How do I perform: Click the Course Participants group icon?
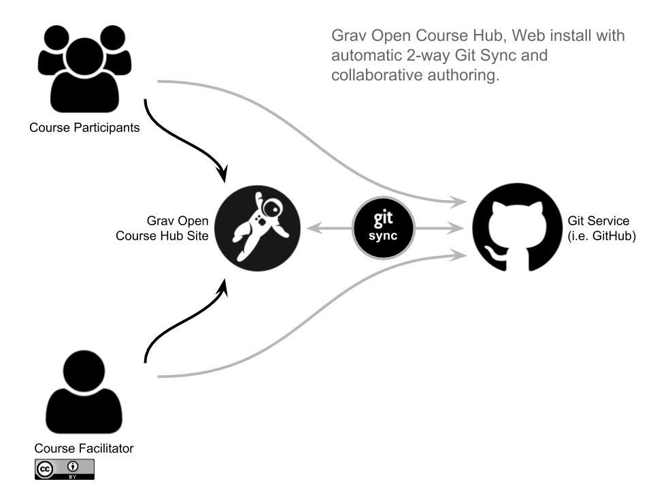click(84, 68)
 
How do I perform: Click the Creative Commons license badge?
click(65, 470)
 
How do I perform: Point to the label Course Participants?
click(84, 127)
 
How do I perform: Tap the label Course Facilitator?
click(84, 448)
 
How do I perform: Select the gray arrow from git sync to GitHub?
click(438, 229)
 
